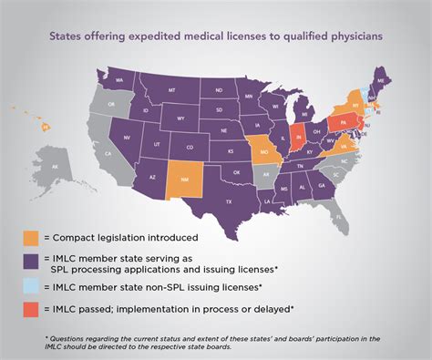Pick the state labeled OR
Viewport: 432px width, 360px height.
click(x=112, y=105)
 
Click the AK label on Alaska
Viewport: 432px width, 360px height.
click(x=55, y=168)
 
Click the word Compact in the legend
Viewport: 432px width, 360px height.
click(x=75, y=238)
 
